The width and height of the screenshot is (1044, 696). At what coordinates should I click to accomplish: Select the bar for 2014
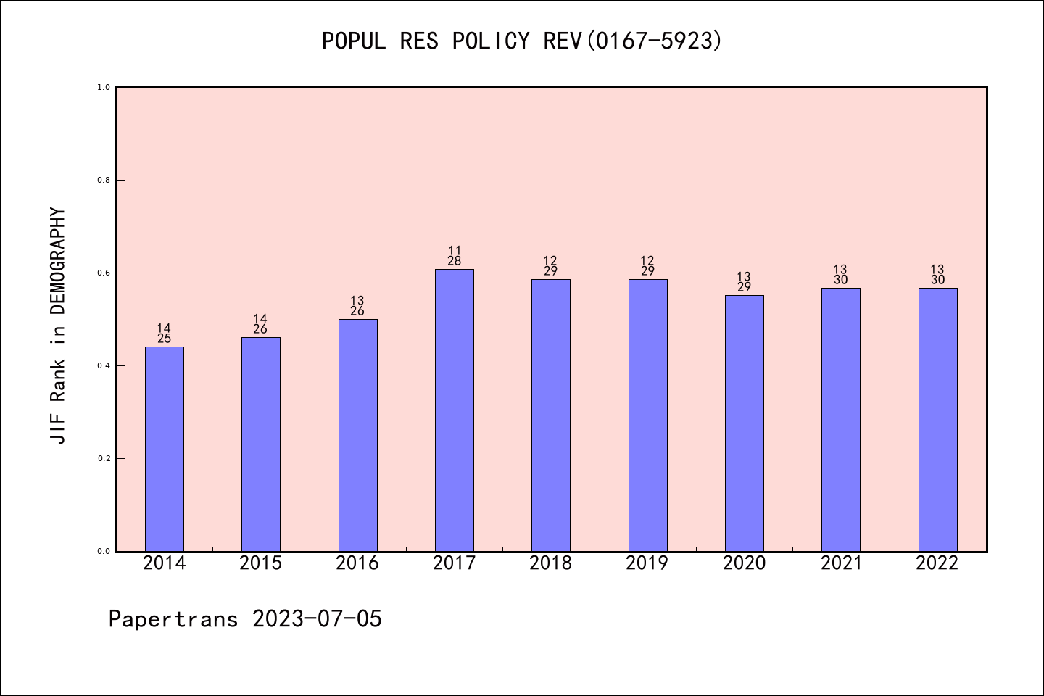click(164, 449)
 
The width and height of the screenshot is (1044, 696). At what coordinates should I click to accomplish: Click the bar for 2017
click(454, 410)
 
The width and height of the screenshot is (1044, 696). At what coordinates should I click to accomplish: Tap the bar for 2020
click(744, 423)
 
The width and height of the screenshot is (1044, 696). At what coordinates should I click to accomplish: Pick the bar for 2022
click(937, 419)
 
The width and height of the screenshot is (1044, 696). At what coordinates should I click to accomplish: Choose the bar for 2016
click(357, 435)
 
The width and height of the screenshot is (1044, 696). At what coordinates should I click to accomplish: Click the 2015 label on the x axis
click(261, 563)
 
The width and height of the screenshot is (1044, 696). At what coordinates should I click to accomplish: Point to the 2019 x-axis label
click(647, 563)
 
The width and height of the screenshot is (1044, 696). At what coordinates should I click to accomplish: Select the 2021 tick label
click(841, 563)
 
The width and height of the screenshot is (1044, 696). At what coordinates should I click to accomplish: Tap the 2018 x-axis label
click(551, 563)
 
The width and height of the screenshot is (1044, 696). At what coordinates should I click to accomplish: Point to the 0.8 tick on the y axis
click(104, 180)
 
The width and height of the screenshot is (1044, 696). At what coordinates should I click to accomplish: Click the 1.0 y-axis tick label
click(104, 87)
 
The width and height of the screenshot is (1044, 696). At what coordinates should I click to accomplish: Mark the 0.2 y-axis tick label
click(104, 458)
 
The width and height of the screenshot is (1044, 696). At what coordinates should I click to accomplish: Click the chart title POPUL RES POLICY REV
click(522, 41)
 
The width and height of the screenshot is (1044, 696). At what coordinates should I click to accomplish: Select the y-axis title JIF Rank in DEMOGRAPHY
click(58, 326)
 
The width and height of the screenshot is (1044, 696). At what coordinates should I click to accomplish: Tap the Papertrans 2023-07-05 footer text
click(245, 619)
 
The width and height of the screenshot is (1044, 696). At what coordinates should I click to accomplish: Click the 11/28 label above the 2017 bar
click(455, 256)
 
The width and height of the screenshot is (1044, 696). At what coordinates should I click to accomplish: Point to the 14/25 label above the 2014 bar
click(164, 333)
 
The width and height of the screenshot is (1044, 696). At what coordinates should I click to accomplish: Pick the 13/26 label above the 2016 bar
click(357, 306)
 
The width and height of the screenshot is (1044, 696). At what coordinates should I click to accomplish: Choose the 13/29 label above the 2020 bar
click(744, 282)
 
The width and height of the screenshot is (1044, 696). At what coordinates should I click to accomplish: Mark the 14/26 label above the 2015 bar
click(261, 324)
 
